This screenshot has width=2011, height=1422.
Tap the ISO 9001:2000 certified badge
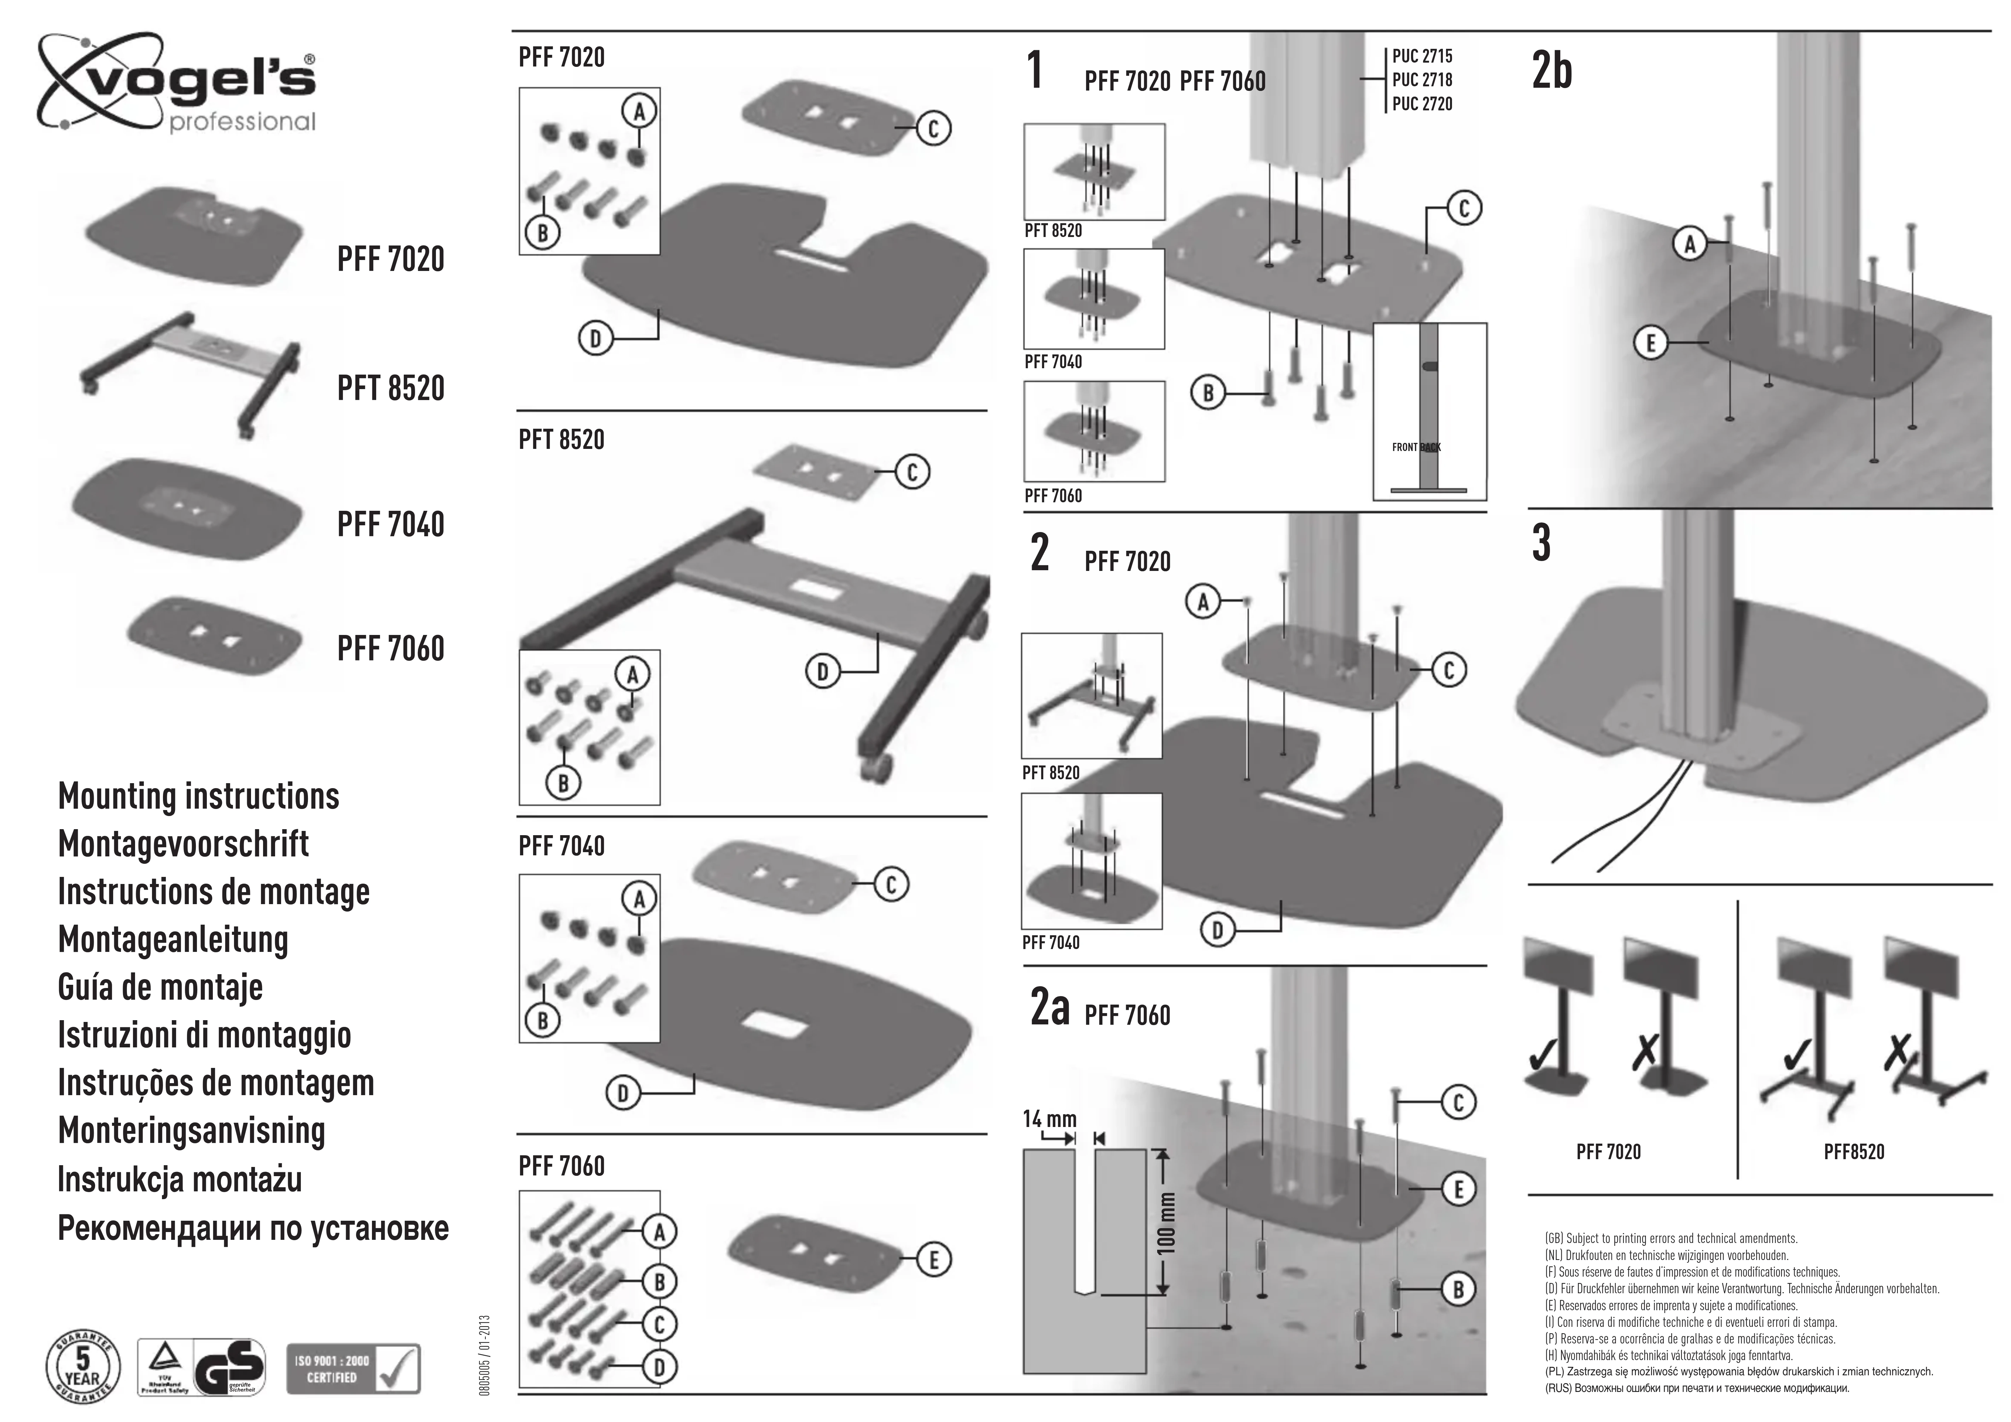click(353, 1369)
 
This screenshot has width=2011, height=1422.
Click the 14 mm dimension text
click(1049, 1119)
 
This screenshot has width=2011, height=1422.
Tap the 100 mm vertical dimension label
click(1167, 1222)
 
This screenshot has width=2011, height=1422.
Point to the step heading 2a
click(1050, 1007)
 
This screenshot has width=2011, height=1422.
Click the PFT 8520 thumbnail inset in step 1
click(1094, 173)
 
